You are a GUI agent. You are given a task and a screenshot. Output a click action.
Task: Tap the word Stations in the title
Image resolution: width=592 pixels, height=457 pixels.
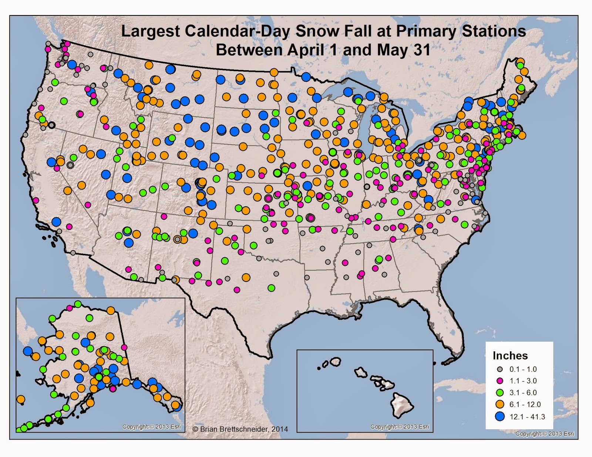[494, 31]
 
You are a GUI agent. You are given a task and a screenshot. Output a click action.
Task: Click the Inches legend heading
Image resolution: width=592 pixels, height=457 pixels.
[510, 355]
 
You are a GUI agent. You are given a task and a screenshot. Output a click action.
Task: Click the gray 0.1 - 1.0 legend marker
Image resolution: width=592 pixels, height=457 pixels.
[500, 369]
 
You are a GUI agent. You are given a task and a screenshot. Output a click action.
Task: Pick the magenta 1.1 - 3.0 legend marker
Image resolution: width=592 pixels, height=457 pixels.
[500, 381]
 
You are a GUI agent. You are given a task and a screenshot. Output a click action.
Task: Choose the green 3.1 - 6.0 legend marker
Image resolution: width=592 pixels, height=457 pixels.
[500, 392]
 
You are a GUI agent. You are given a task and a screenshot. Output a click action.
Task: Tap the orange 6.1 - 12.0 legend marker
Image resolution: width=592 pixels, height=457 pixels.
[500, 404]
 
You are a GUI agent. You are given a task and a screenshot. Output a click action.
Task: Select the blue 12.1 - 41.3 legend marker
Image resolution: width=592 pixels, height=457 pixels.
[500, 416]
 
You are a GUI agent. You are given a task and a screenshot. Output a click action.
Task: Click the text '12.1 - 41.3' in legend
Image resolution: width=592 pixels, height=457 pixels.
[527, 417]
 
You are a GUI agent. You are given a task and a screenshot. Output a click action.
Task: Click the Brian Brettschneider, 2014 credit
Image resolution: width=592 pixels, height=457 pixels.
[240, 429]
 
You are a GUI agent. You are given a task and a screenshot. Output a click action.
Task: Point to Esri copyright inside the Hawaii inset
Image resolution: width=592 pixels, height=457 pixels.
[400, 427]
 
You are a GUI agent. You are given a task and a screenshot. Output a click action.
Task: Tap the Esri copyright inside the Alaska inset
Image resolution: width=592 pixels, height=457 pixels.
[152, 427]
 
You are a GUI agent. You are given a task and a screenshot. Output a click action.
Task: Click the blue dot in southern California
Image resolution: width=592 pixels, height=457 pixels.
[56, 222]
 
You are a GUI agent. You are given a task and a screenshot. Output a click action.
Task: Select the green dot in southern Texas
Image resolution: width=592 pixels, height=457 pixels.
[271, 287]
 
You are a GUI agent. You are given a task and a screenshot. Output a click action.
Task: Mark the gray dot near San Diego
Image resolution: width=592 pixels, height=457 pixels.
[73, 253]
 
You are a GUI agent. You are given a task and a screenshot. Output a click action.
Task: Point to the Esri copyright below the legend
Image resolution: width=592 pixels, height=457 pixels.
[545, 434]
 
